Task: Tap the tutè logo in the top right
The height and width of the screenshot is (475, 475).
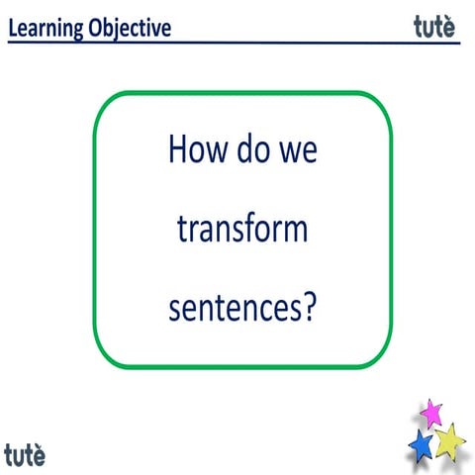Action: click(x=434, y=27)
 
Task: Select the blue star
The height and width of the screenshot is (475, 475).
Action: click(x=423, y=444)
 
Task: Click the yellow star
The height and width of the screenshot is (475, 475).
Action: click(x=449, y=438)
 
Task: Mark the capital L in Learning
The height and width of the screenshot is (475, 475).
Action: click(x=13, y=28)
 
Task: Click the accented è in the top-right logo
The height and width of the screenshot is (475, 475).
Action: click(x=449, y=28)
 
